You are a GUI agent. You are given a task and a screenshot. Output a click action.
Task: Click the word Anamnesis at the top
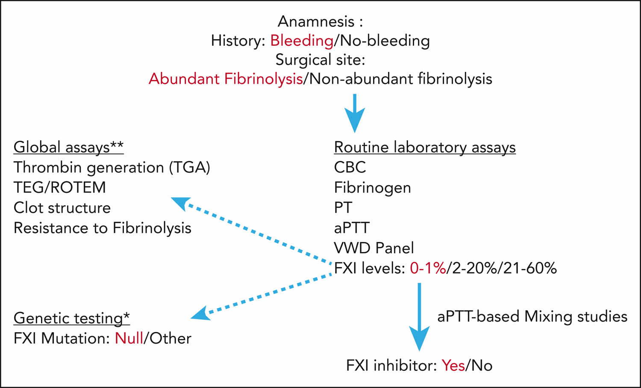(x=316, y=21)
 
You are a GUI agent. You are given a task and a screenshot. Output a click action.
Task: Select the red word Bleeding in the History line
(x=302, y=41)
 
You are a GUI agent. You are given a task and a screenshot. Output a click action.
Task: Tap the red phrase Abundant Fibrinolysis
(x=226, y=79)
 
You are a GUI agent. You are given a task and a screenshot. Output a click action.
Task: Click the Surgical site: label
(x=320, y=59)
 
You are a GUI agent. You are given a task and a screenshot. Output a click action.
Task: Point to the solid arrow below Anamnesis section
(x=354, y=113)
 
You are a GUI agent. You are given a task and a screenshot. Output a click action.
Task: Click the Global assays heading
(x=68, y=147)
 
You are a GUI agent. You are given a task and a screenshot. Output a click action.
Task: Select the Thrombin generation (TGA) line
(x=112, y=167)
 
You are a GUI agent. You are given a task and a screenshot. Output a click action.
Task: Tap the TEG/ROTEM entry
(x=59, y=187)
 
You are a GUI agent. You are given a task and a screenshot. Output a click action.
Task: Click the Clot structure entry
(x=62, y=207)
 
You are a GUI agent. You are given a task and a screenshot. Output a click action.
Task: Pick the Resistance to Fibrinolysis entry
(x=102, y=228)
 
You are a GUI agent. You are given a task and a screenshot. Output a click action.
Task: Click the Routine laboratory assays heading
(x=425, y=147)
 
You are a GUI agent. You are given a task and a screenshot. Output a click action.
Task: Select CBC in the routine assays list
(x=350, y=167)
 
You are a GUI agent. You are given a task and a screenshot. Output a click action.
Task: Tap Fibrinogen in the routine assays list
(x=372, y=187)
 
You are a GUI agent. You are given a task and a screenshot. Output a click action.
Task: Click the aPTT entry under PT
(x=352, y=228)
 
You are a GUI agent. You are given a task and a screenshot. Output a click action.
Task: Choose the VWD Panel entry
(x=374, y=248)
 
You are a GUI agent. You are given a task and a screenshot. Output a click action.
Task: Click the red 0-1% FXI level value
(x=427, y=268)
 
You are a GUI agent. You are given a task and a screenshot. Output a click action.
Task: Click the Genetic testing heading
(x=71, y=318)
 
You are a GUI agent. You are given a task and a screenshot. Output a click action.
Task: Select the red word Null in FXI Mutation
(x=129, y=338)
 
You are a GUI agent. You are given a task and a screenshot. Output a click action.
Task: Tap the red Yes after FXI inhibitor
(x=453, y=366)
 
